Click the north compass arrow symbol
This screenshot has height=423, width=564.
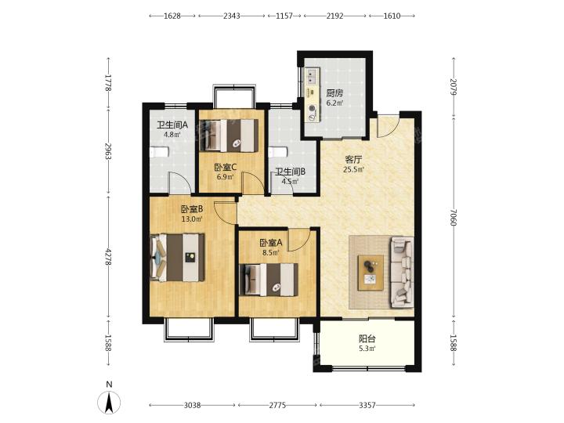coord(109,402)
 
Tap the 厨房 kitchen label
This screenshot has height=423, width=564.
coord(334,93)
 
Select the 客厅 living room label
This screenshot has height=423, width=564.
coord(353,159)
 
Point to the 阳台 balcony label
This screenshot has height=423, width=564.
coord(367,338)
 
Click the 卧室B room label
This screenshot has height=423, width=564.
coord(192,209)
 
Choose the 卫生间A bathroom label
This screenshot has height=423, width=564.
coord(172,125)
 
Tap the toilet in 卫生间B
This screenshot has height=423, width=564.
coord(278,152)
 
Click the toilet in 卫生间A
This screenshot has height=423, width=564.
coord(159,152)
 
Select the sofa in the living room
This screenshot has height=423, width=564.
coord(402,272)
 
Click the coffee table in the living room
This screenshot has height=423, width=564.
coord(371,273)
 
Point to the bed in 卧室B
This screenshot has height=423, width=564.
coord(177,257)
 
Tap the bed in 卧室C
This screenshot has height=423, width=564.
coord(229,136)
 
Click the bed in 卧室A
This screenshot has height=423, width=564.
coord(269,280)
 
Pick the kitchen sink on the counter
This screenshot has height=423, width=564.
coord(312,75)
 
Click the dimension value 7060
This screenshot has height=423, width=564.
coord(454,217)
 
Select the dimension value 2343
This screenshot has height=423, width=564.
coord(232,16)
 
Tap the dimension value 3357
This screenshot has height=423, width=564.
coord(367,406)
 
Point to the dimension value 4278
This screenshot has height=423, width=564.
coord(108,258)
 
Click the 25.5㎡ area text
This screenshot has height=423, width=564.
coord(354,169)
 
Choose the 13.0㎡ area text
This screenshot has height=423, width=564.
coord(192,219)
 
